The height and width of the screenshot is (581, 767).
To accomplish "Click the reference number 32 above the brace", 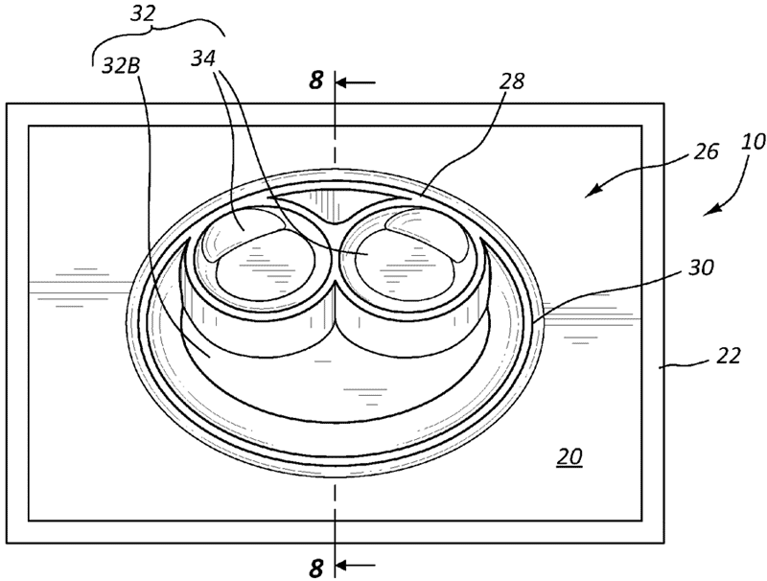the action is (142, 13).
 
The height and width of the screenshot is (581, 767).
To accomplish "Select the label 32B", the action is (121, 65).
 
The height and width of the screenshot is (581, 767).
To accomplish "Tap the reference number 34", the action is (203, 59).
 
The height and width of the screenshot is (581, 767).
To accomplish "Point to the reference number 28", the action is (512, 81).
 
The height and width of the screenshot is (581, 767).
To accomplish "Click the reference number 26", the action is (706, 151).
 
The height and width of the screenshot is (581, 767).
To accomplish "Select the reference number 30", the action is (701, 267).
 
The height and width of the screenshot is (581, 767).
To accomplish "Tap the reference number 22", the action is (729, 356).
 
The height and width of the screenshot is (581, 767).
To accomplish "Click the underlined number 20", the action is (569, 456).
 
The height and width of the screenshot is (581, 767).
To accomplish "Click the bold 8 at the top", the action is (316, 80).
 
